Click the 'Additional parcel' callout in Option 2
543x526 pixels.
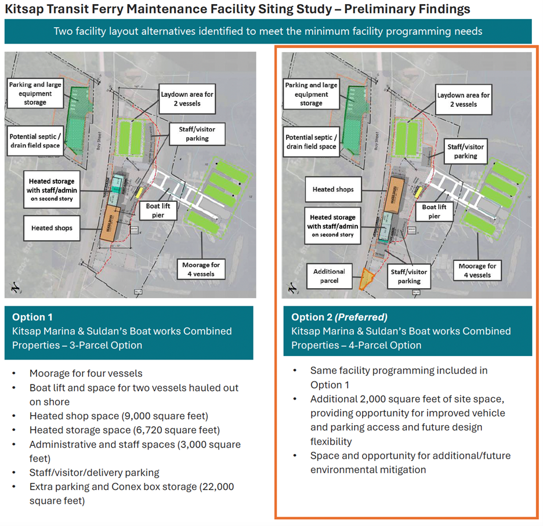point(329,275)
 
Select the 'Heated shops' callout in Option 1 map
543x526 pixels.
point(52,228)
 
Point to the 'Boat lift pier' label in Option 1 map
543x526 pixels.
point(154,211)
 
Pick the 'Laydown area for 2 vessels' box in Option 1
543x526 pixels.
point(187,99)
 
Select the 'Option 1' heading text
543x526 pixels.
point(32,317)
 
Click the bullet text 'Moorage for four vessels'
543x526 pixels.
point(86,373)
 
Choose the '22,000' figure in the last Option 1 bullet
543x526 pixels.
point(216,487)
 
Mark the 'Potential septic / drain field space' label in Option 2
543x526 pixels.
point(311,142)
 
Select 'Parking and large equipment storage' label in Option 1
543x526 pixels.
point(35,93)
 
